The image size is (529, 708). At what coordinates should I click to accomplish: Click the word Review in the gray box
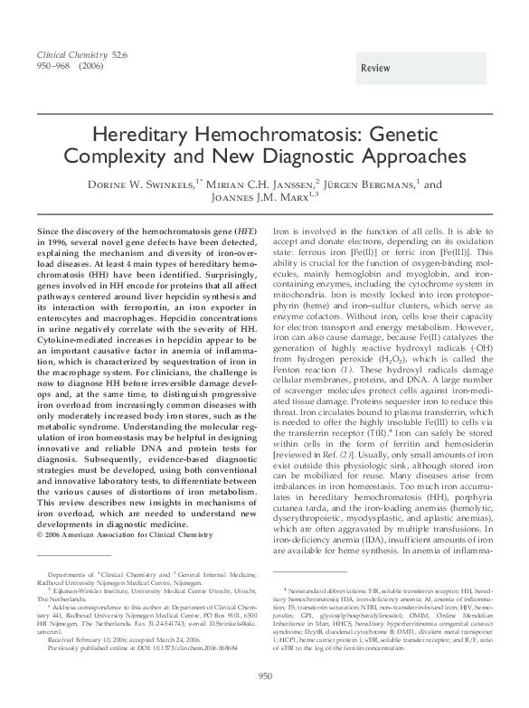tap(375, 69)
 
